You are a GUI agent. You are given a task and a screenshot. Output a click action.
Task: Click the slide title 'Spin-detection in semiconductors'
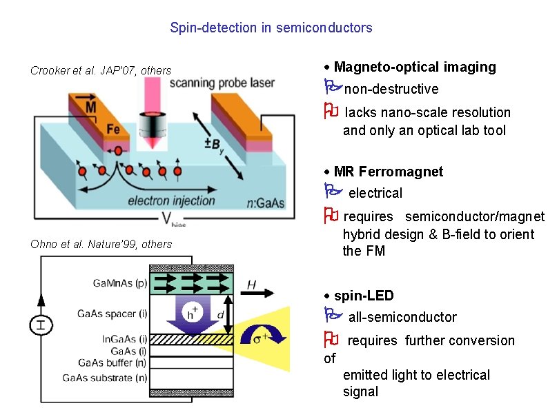point(271,28)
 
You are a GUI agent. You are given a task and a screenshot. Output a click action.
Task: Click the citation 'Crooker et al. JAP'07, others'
point(101,70)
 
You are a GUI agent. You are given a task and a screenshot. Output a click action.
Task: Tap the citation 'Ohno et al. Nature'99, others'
point(101,244)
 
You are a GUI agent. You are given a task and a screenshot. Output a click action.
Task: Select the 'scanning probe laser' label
point(222,83)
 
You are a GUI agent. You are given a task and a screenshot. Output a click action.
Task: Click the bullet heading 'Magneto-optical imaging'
point(414,67)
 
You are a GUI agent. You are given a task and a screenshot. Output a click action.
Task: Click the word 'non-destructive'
point(391,89)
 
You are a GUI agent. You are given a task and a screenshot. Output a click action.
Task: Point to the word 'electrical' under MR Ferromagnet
point(375,193)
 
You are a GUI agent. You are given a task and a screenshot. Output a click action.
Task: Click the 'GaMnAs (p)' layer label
point(119,283)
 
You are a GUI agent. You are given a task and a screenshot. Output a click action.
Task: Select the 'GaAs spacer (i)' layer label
point(112,314)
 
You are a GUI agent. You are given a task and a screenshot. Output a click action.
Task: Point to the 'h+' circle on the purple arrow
point(195,314)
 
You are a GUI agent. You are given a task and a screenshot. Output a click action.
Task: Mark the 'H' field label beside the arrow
point(252,284)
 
